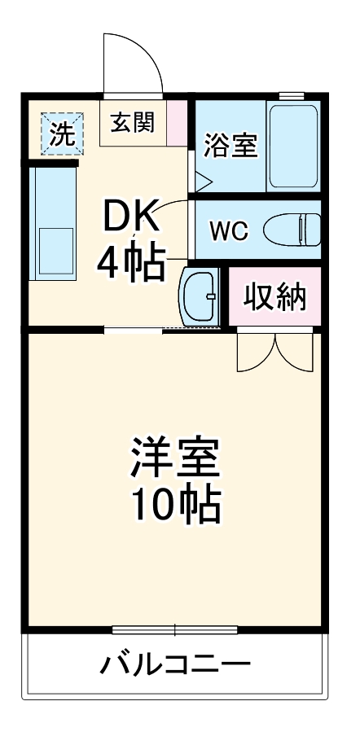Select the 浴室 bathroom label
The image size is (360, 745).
(x=230, y=146)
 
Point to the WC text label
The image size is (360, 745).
(x=228, y=230)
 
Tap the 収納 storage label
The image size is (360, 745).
(x=276, y=298)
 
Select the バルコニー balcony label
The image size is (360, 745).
(x=175, y=667)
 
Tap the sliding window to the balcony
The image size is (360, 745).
(x=175, y=629)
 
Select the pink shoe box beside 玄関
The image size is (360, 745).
(x=177, y=122)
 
